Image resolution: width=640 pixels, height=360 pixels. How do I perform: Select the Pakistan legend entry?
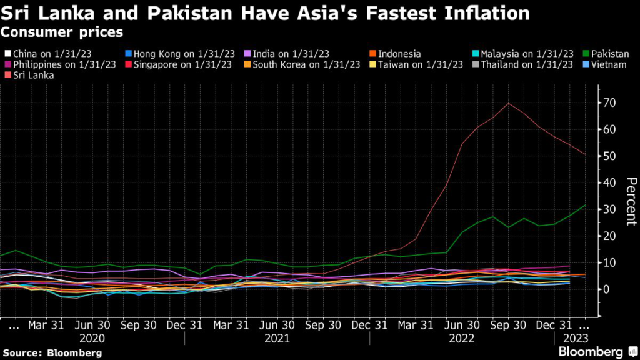pyautogui.click(x=609, y=54)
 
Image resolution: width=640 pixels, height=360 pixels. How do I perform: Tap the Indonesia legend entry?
pyautogui.click(x=399, y=54)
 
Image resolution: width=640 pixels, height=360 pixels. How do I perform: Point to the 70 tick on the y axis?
pyautogui.click(x=606, y=102)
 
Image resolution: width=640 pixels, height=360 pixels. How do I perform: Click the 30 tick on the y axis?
pyautogui.click(x=606, y=209)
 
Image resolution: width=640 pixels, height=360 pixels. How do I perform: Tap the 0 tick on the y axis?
pyautogui.click(x=604, y=289)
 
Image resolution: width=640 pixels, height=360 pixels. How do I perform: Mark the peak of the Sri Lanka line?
pyautogui.click(x=508, y=103)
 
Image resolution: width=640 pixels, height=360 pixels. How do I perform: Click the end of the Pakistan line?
pyautogui.click(x=585, y=205)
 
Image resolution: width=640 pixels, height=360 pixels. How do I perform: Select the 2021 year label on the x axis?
pyautogui.click(x=277, y=338)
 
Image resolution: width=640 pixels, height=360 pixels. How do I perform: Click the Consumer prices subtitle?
pyautogui.click(x=61, y=31)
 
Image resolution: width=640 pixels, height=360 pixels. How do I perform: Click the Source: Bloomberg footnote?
pyautogui.click(x=51, y=353)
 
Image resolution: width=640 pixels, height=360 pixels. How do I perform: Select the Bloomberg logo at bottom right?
pyautogui.click(x=591, y=352)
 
